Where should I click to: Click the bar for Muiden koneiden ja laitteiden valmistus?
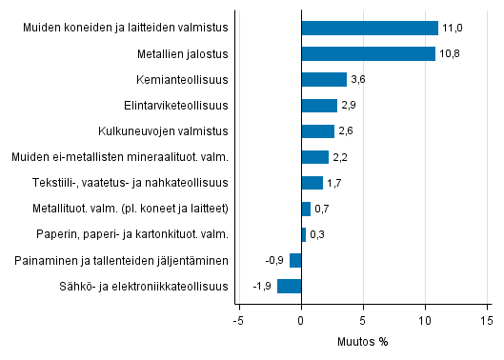click(369, 28)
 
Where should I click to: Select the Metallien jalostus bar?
click(368, 53)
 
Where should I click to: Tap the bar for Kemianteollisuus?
click(324, 79)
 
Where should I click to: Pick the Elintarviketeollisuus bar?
click(319, 105)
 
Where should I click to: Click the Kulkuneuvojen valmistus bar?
click(317, 130)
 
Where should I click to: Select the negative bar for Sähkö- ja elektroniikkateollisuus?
click(290, 286)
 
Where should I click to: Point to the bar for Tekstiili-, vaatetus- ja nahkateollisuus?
click(312, 183)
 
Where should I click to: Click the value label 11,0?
click(452, 29)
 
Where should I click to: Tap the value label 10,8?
click(450, 54)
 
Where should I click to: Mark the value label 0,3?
click(317, 234)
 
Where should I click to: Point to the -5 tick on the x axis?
click(238, 321)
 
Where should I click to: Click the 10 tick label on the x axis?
click(425, 321)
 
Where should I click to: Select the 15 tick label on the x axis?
click(487, 321)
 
